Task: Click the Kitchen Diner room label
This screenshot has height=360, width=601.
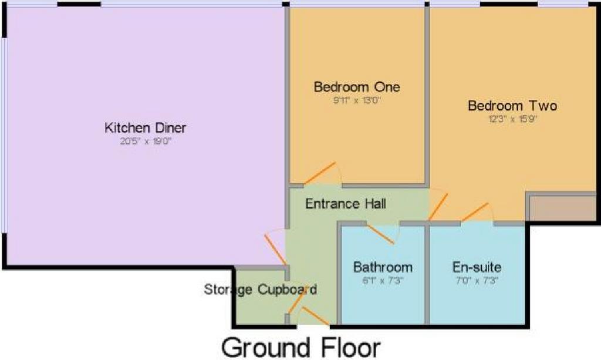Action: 146,127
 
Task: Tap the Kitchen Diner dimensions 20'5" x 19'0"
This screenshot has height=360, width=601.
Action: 146,142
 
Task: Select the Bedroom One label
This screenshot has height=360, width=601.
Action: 357,87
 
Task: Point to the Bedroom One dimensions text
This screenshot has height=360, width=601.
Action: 357,101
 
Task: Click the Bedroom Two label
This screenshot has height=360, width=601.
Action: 512,106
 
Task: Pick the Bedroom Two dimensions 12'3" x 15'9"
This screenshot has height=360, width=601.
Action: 513,119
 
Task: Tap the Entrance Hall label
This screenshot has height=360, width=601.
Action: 345,204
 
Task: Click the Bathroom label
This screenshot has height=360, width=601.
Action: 383,267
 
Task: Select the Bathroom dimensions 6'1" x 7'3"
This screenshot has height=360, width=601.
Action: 383,280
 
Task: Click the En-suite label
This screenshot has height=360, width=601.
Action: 477,267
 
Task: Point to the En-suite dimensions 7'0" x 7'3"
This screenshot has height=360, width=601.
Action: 477,280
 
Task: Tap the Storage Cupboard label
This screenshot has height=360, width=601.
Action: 260,289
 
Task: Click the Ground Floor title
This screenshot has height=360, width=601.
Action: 301,348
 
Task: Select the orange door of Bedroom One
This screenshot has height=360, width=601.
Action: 320,173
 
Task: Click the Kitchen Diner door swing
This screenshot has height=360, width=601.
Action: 275,249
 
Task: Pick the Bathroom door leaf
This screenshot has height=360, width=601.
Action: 380,234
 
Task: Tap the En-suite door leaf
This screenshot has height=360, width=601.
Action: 474,212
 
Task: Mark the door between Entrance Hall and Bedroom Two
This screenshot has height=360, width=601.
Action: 438,207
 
